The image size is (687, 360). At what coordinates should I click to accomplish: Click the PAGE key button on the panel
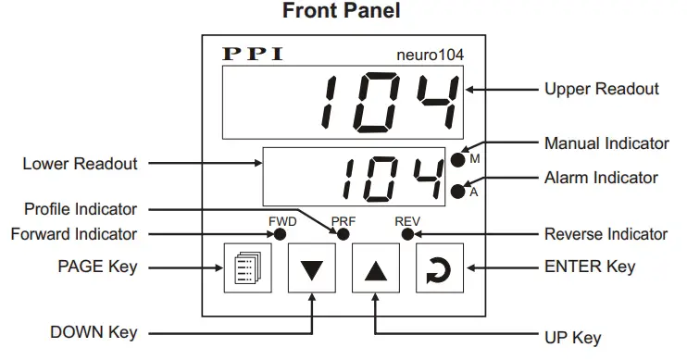[x=246, y=269]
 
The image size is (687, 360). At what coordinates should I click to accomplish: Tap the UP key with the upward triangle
[x=374, y=269]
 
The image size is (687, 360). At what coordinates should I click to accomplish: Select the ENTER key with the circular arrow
[x=438, y=269]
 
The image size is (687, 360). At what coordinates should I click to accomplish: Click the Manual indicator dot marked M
[x=457, y=160]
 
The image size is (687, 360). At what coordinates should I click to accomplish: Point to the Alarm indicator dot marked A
[x=457, y=192]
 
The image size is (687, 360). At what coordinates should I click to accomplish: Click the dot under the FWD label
[x=280, y=234]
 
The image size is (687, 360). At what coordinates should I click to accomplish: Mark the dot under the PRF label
[x=343, y=234]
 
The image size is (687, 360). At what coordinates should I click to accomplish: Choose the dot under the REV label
[x=406, y=234]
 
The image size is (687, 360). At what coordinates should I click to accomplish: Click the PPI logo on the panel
[x=252, y=55]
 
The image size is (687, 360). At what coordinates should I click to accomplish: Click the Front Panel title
[x=343, y=13]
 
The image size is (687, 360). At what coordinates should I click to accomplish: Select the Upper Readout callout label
[x=602, y=89]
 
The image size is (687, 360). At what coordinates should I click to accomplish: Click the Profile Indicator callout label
[x=81, y=210]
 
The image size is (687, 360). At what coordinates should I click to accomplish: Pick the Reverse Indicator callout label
[x=606, y=234]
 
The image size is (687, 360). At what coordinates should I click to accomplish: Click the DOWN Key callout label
[x=95, y=332]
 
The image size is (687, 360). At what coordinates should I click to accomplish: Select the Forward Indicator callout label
[x=74, y=234]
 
